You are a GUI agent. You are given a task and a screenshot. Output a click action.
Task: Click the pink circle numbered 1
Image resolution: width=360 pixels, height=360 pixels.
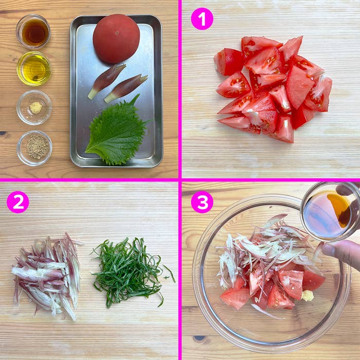tap(202, 19)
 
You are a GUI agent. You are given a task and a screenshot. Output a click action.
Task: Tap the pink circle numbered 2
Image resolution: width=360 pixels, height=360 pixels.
tap(18, 202)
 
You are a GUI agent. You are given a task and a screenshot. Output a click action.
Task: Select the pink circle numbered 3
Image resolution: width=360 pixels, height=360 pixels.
tap(202, 202)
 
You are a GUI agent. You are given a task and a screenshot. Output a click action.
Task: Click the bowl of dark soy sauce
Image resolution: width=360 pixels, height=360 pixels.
tap(33, 32)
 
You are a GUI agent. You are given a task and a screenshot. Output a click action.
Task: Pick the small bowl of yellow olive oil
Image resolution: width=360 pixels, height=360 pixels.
tap(34, 68)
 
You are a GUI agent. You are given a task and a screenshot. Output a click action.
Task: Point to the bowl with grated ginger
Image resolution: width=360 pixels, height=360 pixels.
tap(34, 107)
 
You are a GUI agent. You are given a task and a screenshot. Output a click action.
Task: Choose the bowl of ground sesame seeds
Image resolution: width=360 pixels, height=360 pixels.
tap(34, 148)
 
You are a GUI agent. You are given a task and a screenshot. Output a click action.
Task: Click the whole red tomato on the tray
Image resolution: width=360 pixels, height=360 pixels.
tap(116, 39)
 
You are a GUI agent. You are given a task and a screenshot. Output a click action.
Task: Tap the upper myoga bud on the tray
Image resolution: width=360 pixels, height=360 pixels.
tap(107, 81)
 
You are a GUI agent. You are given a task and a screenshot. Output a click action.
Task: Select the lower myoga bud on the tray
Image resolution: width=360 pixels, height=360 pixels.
tap(126, 88)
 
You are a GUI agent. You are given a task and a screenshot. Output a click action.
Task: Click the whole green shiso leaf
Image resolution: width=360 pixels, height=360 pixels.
tap(117, 133)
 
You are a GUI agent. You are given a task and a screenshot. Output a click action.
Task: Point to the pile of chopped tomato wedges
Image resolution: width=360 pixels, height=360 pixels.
tap(273, 88)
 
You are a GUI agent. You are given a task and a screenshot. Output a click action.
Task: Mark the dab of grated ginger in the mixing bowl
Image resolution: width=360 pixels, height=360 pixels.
tap(308, 296)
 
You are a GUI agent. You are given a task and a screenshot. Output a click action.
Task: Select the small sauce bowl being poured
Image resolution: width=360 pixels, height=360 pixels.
tap(331, 211)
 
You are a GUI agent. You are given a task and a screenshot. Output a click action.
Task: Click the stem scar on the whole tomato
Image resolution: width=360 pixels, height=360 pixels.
tap(117, 32)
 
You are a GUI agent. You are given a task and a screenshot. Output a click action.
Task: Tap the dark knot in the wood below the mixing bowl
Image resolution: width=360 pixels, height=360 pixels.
tap(200, 338)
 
